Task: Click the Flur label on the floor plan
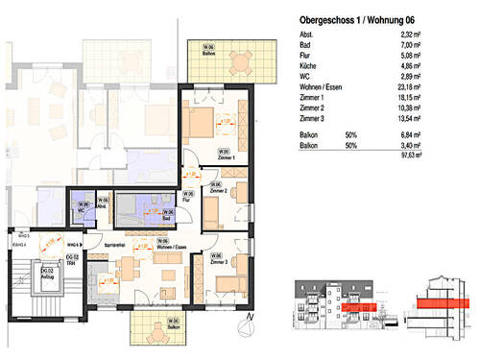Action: pos(190,200)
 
